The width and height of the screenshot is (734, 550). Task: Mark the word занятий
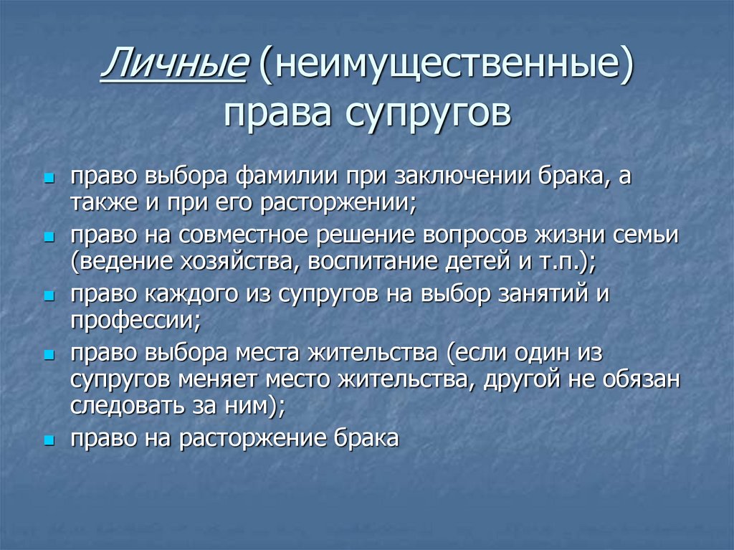pyautogui.click(x=529, y=295)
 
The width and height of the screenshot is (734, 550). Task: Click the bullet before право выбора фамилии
pyautogui.click(x=49, y=178)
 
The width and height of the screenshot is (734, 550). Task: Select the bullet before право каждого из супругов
pyautogui.click(x=49, y=295)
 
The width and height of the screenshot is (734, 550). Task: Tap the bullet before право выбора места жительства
pyautogui.click(x=49, y=355)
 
